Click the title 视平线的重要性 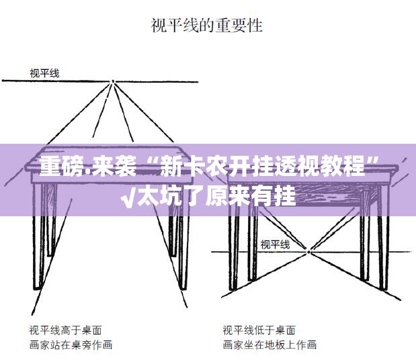pyautogui.click(x=206, y=26)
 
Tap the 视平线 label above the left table pyautogui.click(x=44, y=73)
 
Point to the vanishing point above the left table pyautogui.click(x=113, y=82)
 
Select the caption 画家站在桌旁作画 pyautogui.click(x=70, y=345)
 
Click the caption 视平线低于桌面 pyautogui.click(x=258, y=330)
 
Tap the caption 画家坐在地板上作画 pyautogui.click(x=269, y=345)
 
